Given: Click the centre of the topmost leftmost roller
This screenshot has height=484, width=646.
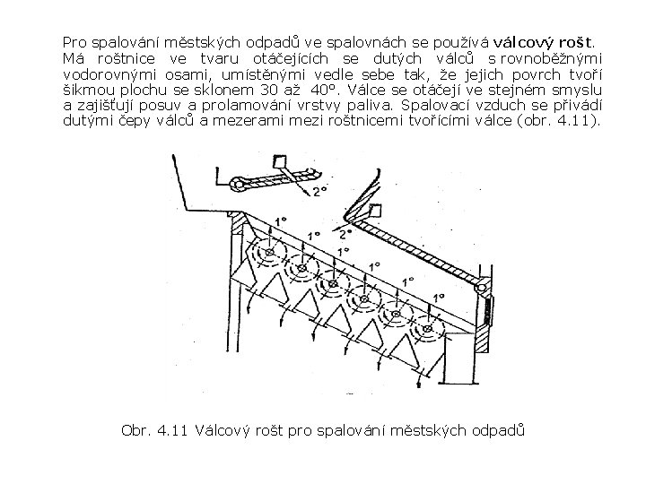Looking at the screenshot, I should click(x=266, y=254).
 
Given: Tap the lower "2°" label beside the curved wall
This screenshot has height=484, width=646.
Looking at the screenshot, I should click(x=345, y=233).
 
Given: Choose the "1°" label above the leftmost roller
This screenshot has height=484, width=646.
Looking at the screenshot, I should click(x=281, y=220).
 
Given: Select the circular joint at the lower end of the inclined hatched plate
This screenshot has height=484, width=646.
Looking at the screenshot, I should click(x=481, y=289).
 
